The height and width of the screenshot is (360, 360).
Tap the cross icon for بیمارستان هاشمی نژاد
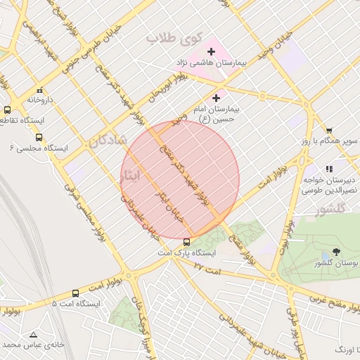[x=211, y=51]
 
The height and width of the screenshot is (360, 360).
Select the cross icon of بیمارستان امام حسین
[x=216, y=98]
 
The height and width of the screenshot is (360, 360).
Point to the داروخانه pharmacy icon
[x=39, y=90]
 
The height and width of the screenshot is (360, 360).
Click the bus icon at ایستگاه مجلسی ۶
[x=39, y=138]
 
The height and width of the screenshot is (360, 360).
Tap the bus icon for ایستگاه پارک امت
[x=186, y=243]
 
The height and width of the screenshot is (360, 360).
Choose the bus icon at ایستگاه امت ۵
[x=75, y=293]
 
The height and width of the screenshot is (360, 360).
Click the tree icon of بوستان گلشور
[x=336, y=252]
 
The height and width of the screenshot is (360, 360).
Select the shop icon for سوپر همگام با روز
[x=328, y=130]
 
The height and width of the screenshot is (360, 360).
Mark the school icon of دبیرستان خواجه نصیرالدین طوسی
[x=329, y=169]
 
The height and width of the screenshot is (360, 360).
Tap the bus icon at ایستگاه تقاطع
[x=7, y=110]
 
